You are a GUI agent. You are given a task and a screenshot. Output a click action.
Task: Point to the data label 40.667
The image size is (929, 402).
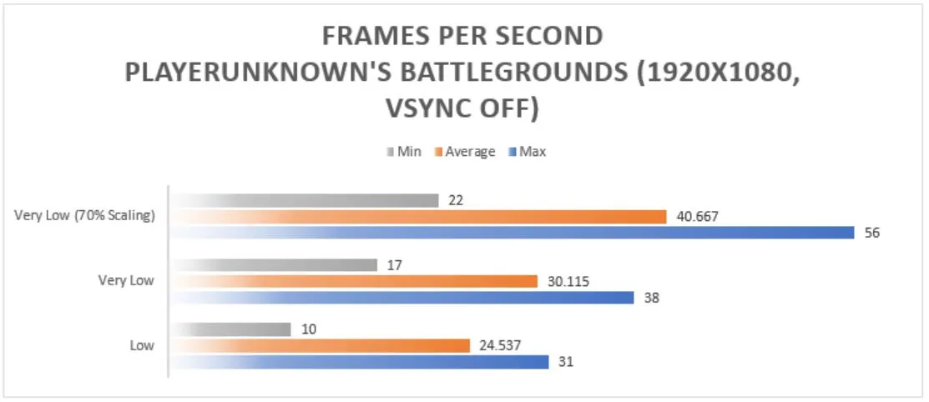(x=697, y=217)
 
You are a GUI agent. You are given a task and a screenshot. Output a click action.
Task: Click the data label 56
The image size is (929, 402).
(x=872, y=233)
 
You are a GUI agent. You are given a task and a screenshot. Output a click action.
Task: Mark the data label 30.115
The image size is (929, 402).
(x=568, y=281)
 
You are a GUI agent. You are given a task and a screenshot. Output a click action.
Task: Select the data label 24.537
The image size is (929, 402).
(x=500, y=345)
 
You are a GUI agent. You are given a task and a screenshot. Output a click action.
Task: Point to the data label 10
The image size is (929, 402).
(x=308, y=329)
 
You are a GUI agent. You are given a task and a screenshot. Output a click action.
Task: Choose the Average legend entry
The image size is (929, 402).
(x=465, y=152)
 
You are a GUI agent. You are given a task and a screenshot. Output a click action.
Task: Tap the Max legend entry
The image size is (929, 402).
(x=528, y=152)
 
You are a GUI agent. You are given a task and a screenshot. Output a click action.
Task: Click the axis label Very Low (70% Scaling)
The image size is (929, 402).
(x=85, y=215)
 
